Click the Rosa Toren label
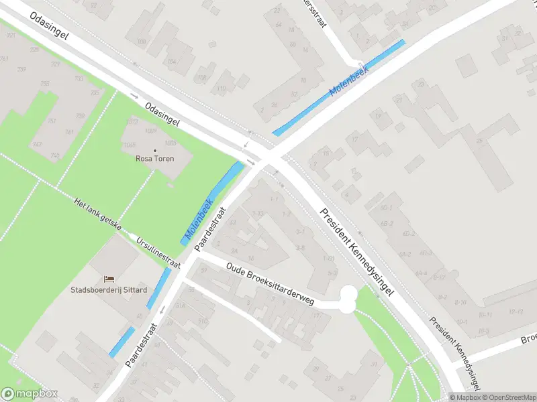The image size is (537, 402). click(x=155, y=159)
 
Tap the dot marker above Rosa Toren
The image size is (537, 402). click(x=155, y=150)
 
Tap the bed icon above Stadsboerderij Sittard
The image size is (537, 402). click(x=109, y=279)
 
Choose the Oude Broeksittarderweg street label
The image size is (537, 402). click(x=270, y=284)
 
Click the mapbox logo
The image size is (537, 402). click(x=29, y=394)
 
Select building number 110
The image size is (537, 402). click(x=221, y=88)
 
